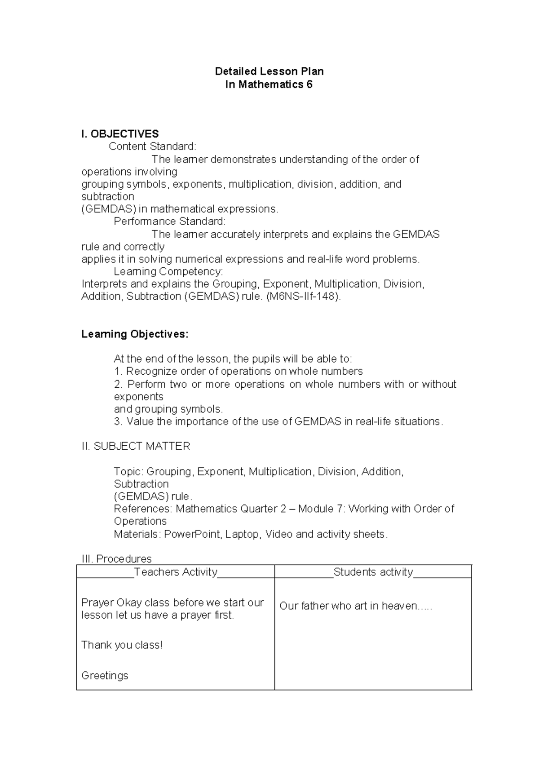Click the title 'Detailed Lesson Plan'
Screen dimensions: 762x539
pyautogui.click(x=269, y=71)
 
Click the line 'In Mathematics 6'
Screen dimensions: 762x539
pyautogui.click(x=269, y=84)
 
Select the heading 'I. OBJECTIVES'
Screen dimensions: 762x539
pyautogui.click(x=120, y=134)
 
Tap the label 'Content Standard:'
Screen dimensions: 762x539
pyautogui.click(x=153, y=146)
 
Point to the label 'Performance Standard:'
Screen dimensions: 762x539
pyautogui.click(x=170, y=222)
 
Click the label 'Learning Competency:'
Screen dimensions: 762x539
pyautogui.click(x=168, y=271)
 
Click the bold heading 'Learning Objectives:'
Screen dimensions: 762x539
pyautogui.click(x=135, y=334)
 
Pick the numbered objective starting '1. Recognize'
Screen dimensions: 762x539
pyautogui.click(x=238, y=372)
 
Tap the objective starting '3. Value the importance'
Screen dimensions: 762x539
pyautogui.click(x=278, y=421)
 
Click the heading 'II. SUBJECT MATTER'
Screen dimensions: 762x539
pyautogui.click(x=136, y=446)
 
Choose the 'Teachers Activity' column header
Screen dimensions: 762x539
pyautogui.click(x=176, y=572)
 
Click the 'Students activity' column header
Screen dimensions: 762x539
pyautogui.click(x=373, y=572)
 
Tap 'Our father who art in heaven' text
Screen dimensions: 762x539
pyautogui.click(x=355, y=606)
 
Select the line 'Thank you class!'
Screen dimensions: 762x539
pyautogui.click(x=122, y=645)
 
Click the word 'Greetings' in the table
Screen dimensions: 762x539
pyautogui.click(x=105, y=676)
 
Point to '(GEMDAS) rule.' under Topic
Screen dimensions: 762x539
pyautogui.click(x=153, y=496)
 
